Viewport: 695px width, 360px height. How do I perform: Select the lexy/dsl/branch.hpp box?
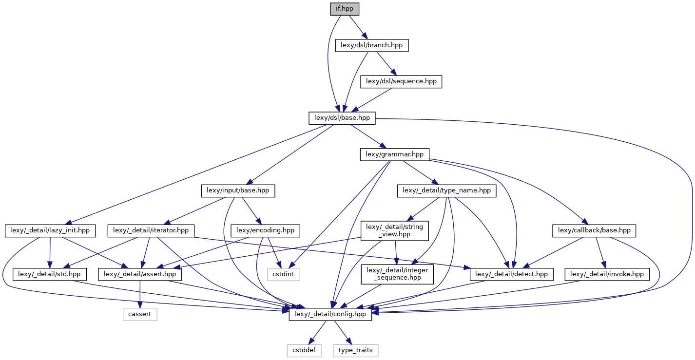pyautogui.click(x=372, y=45)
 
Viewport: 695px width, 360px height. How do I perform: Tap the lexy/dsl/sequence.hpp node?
pyautogui.click(x=401, y=81)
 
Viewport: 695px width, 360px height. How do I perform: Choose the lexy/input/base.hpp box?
pyautogui.click(x=238, y=191)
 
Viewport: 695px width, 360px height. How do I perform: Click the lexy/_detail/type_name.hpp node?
pyautogui.click(x=447, y=191)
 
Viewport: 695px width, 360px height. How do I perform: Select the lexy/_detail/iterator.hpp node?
pyautogui.click(x=154, y=230)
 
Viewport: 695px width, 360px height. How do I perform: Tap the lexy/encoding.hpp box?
pyautogui.click(x=268, y=230)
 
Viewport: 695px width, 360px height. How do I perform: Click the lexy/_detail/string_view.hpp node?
pyautogui.click(x=394, y=230)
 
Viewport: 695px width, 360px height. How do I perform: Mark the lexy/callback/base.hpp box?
pyautogui.click(x=595, y=230)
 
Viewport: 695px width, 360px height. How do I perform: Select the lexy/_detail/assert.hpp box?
pyautogui.click(x=140, y=274)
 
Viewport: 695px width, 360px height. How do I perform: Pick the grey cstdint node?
pyautogui.click(x=284, y=274)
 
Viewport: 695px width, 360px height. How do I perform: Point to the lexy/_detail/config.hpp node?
pyautogui.click(x=330, y=315)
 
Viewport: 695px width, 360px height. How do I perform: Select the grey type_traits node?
pyautogui.click(x=355, y=350)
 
